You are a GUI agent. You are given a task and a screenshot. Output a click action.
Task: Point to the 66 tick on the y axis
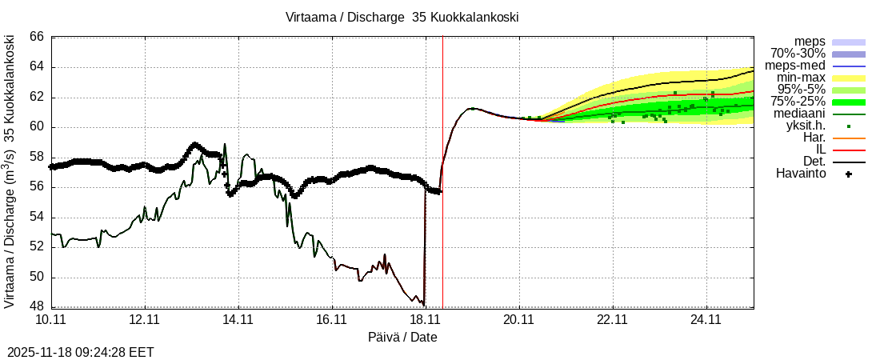tap(37, 37)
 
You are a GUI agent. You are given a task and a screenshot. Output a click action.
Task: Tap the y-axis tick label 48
tap(37, 307)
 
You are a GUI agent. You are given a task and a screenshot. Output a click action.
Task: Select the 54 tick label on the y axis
tap(37, 218)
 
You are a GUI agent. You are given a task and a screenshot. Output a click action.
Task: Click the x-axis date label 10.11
tap(51, 319)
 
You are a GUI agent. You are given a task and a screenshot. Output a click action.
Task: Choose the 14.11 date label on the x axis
tap(238, 319)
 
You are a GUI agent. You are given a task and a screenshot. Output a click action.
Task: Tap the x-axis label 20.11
tap(519, 319)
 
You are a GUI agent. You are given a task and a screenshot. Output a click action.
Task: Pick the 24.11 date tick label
tap(706, 319)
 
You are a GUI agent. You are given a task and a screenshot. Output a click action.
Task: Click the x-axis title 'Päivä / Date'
tap(402, 338)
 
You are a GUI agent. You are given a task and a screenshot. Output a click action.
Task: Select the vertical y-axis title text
tap(10, 171)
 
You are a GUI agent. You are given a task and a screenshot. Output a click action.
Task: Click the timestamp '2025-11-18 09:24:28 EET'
tap(81, 352)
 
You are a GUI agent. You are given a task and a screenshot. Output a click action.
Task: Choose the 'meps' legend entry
tap(810, 42)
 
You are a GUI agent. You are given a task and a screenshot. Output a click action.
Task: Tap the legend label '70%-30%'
tap(798, 54)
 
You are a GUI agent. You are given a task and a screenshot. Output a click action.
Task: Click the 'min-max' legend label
tap(801, 78)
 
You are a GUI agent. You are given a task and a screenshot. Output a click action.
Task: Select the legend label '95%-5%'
tap(801, 90)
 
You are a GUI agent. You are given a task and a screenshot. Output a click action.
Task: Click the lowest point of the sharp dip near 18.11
tap(423, 305)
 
